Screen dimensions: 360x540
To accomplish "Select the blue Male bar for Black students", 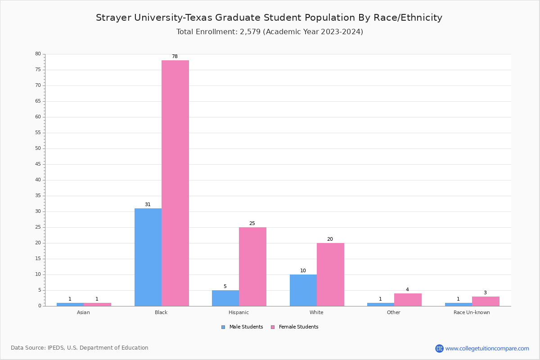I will [x=148, y=257].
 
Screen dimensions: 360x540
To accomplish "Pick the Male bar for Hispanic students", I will [x=225, y=298].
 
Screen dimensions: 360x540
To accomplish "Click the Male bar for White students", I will [x=303, y=290].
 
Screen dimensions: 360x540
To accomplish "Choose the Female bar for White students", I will [x=330, y=274].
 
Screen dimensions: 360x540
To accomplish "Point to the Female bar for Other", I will [x=408, y=300].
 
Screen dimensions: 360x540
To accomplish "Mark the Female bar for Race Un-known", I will [x=486, y=301].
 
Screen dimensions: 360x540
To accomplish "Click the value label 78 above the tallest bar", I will [x=175, y=57].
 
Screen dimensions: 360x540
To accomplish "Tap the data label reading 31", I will [x=148, y=205].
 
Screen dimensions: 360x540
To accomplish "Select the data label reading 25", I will [x=252, y=224].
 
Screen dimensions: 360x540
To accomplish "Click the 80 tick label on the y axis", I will [x=38, y=54].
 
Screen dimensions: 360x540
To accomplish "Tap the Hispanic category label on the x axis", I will [x=238, y=312].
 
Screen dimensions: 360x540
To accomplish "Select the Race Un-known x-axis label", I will [x=472, y=312].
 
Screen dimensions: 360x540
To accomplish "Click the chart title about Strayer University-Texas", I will [x=269, y=18].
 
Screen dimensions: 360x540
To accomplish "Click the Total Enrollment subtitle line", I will [x=270, y=32].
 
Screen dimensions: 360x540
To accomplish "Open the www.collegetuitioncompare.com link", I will [x=487, y=348].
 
